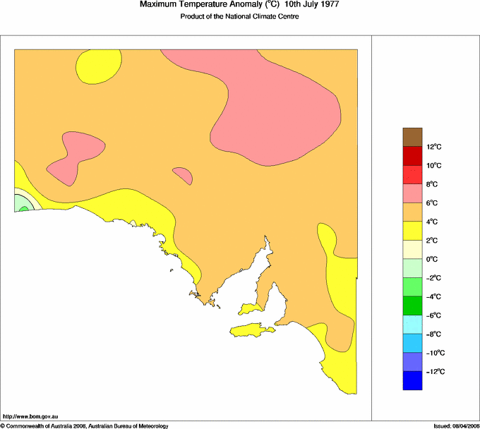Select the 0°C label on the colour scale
(433, 260)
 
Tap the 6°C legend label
(433, 203)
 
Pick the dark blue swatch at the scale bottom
(412, 380)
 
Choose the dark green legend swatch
(412, 306)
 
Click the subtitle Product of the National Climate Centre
(239, 17)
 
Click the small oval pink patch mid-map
(183, 175)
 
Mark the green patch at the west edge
(22, 205)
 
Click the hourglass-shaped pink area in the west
(71, 157)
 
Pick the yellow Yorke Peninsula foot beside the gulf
(251, 309)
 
